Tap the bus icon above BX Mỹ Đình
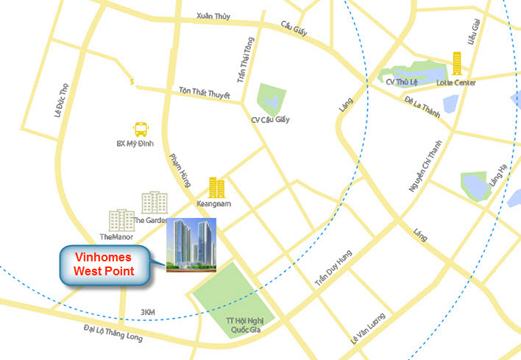(140, 130)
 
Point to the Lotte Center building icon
(457, 63)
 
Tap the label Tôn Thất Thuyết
(205, 93)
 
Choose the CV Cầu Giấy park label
(270, 119)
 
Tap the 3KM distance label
(147, 313)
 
